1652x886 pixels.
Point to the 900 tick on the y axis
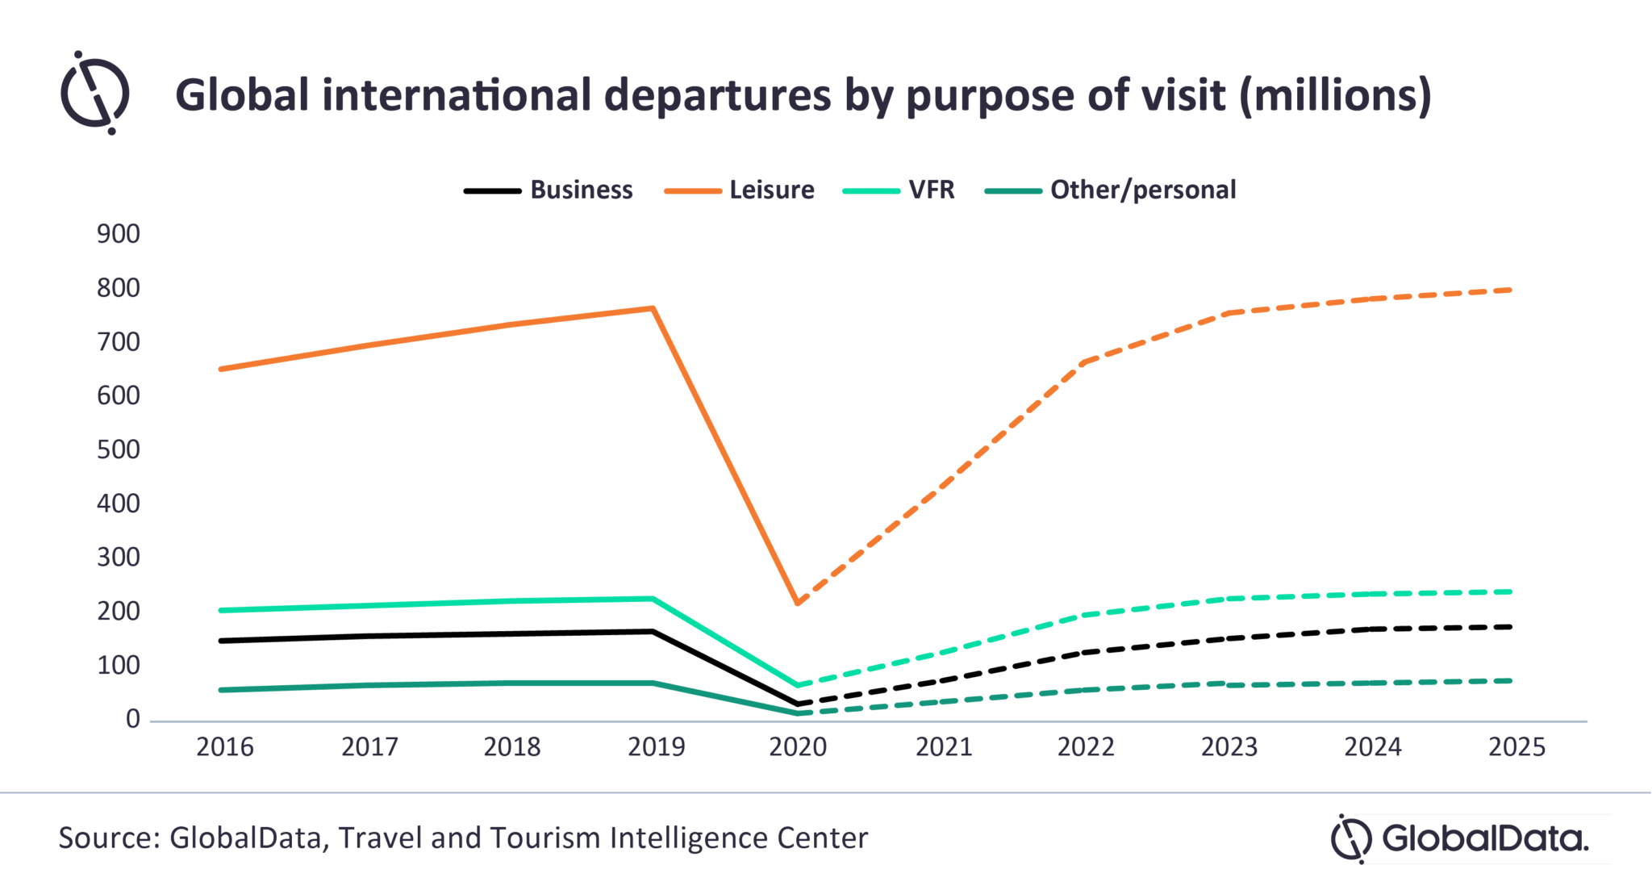click(119, 234)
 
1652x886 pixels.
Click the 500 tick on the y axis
click(119, 449)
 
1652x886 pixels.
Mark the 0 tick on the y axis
click(133, 719)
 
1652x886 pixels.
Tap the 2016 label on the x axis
click(225, 747)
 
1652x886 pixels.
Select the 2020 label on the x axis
click(798, 747)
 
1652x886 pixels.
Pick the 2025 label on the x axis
click(1516, 747)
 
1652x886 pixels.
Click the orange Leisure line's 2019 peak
click(653, 308)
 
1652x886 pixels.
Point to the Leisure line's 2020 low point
click(798, 602)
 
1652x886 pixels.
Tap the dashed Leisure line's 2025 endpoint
click(1510, 290)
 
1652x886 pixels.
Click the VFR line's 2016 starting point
click(221, 610)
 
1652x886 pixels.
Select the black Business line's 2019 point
click(653, 631)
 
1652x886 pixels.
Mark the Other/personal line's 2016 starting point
click(221, 690)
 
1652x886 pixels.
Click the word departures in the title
click(718, 95)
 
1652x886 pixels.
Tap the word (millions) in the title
click(1335, 95)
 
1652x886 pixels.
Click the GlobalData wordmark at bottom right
click(1484, 838)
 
